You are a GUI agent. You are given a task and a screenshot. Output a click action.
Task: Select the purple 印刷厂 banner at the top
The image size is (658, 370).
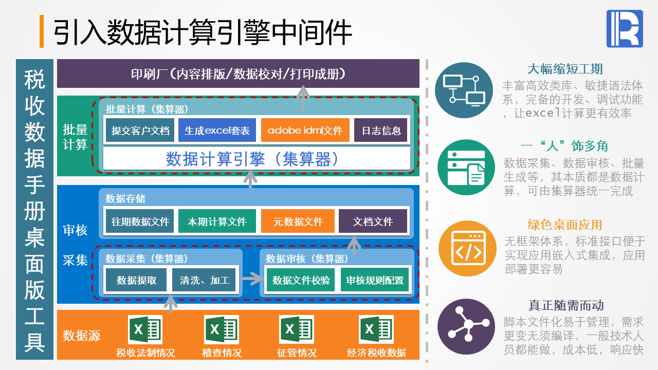coord(238,73)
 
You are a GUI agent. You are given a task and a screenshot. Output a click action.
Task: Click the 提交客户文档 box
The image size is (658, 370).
coord(140,130)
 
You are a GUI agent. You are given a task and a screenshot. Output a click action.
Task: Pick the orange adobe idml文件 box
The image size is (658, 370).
coord(305,130)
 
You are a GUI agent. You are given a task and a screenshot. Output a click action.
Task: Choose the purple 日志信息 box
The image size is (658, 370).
coord(381,130)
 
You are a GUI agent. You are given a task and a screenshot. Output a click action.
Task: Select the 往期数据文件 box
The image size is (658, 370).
coord(140,221)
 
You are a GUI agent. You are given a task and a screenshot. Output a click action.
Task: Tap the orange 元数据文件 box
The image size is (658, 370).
coord(298,221)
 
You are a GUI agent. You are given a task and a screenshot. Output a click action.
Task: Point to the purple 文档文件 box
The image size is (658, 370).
coord(373,221)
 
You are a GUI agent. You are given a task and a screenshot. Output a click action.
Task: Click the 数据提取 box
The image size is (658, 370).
coord(136,280)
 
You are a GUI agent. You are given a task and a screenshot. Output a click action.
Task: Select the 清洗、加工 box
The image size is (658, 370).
coord(205,280)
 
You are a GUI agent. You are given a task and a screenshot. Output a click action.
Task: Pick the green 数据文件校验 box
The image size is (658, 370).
coord(301,280)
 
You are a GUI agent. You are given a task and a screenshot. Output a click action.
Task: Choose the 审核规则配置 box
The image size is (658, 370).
coord(375,280)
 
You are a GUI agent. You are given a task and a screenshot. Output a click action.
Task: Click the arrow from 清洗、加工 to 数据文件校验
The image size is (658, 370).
coord(252,280)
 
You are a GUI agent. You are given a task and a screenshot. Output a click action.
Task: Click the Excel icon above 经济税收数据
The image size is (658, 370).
coord(376,329)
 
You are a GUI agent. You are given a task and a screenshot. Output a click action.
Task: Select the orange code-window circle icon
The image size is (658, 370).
coord(467,249)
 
